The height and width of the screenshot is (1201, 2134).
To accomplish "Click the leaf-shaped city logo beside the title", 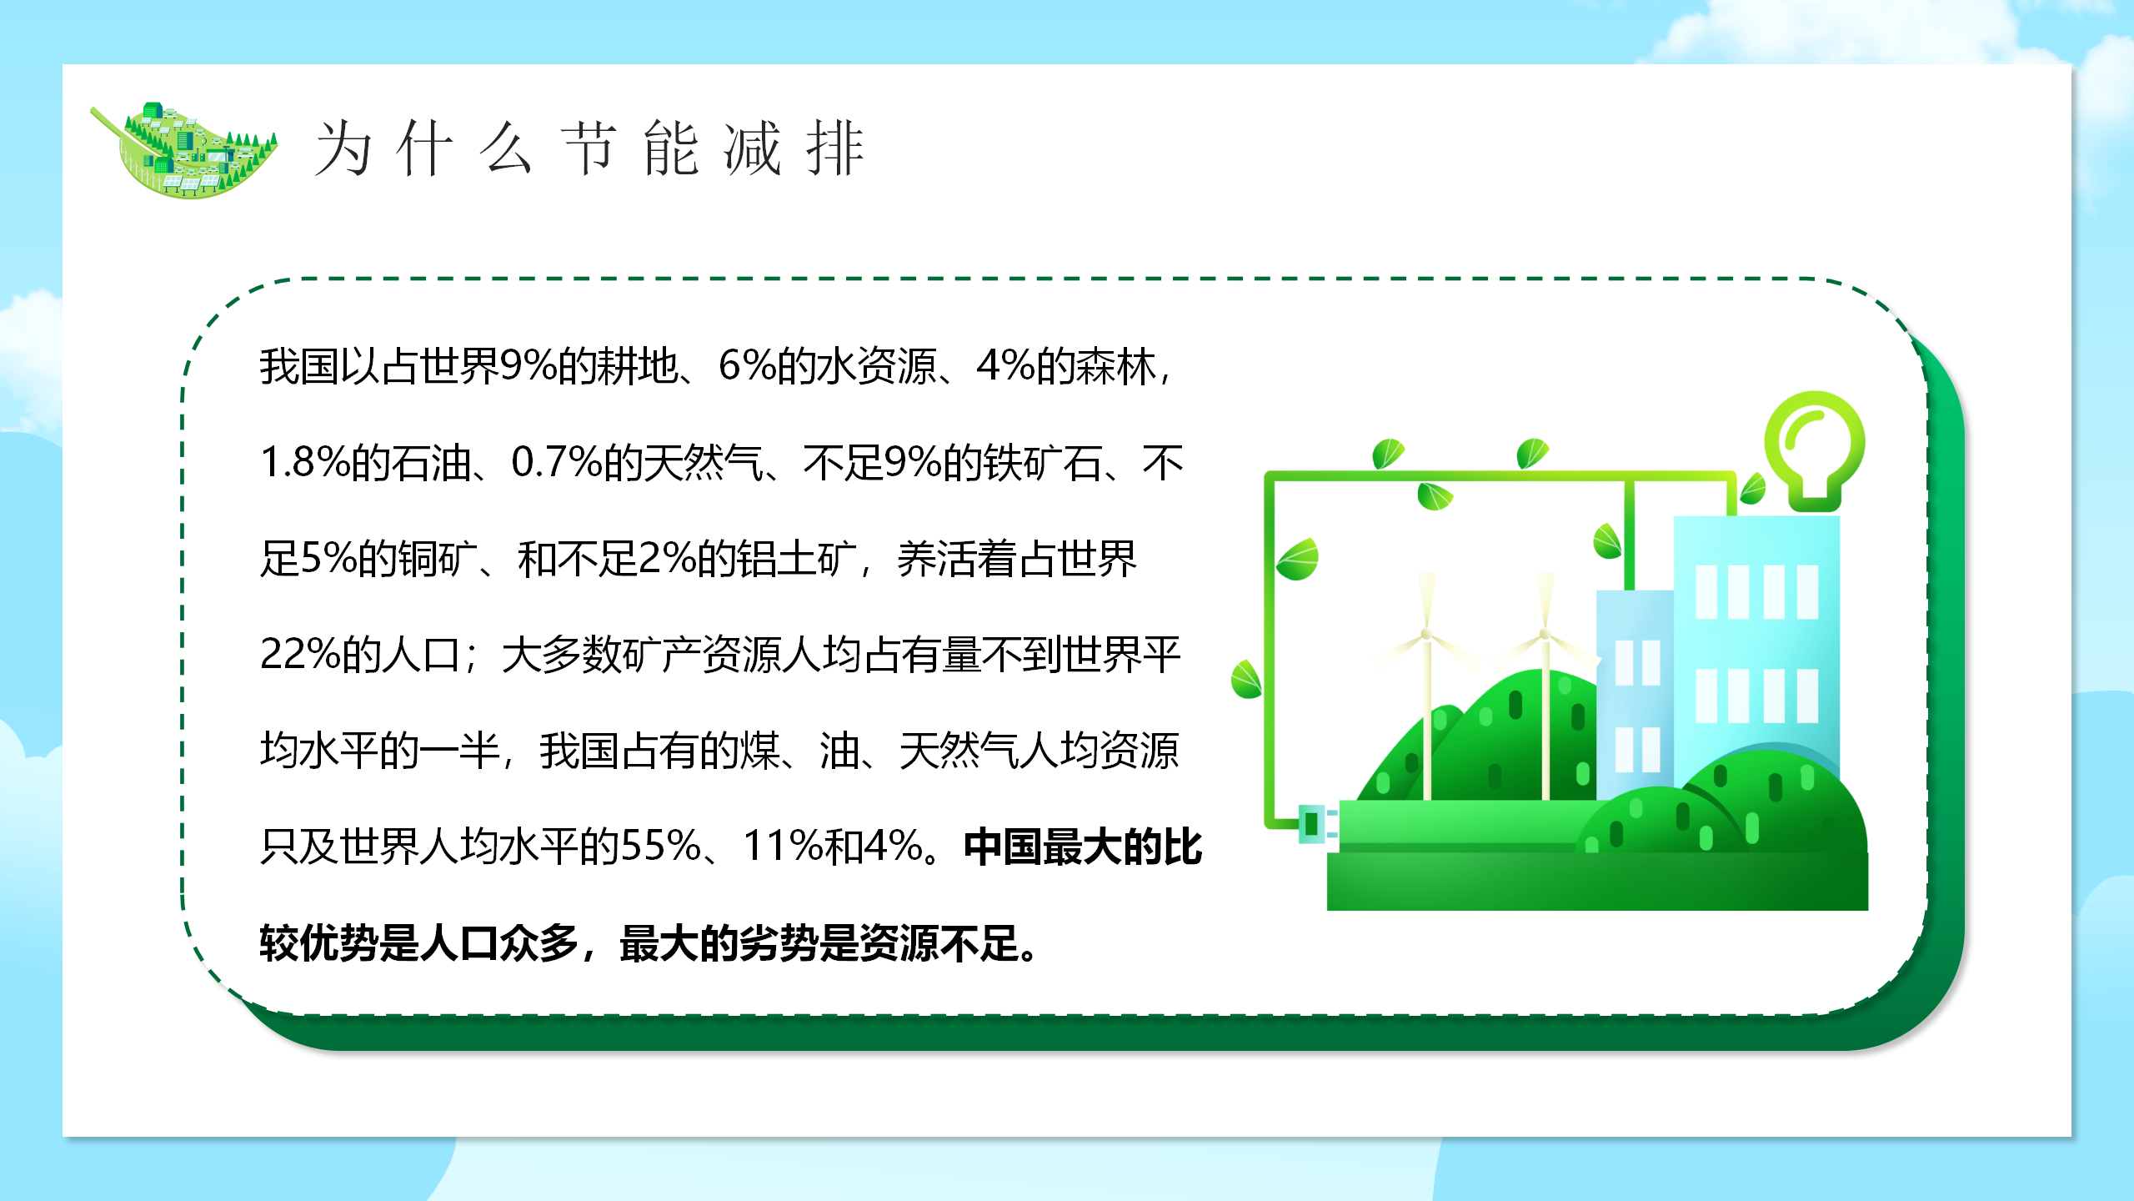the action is pos(184,150).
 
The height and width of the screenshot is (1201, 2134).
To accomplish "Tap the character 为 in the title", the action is pos(343,148).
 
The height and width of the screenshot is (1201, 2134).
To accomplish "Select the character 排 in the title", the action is pos(835,148).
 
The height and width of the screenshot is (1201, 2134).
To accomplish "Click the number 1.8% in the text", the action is pos(305,462).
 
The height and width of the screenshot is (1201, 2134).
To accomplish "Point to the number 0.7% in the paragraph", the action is pos(556,462).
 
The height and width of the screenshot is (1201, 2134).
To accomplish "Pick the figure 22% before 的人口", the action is pos(300,654).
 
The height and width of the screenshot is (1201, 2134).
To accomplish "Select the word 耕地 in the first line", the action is pos(638,367).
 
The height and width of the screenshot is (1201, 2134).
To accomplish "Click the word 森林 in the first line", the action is pos(1115,367).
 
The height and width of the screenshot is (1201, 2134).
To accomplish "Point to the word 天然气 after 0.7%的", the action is pos(703,463).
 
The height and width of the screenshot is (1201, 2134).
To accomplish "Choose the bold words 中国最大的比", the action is pos(1083,847).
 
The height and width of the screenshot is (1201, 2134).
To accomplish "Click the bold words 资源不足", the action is pos(939,943).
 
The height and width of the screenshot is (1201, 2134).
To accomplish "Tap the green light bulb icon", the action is pos(1815,451).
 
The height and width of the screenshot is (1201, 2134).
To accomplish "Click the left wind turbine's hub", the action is pos(1426,635).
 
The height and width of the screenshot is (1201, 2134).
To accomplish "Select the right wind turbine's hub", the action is pos(1545,635).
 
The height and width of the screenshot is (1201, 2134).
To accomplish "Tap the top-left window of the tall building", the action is pos(1706,591).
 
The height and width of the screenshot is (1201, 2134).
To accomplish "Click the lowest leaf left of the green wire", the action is pos(1246,679).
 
